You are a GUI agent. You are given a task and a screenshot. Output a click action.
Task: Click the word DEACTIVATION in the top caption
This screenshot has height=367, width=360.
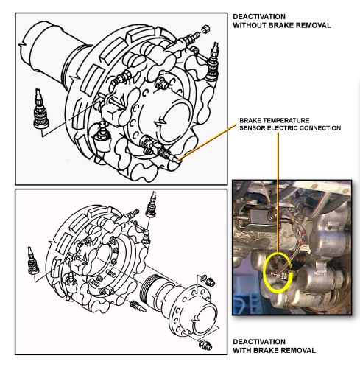[x=259, y=17]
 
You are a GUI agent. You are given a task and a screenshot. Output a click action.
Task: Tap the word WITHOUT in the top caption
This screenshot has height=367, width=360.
[x=249, y=25]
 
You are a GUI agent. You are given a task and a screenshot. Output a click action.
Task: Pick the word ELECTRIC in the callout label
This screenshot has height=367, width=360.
[x=282, y=128]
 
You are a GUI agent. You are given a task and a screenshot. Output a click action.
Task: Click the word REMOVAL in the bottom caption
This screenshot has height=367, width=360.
[x=300, y=350]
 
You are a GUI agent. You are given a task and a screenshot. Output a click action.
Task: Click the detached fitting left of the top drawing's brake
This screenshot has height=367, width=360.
[x=40, y=109]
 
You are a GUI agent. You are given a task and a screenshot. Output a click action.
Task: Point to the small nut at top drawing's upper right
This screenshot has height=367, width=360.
[x=205, y=29]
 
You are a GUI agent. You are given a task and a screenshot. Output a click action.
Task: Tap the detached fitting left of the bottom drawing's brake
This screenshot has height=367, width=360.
[x=32, y=261]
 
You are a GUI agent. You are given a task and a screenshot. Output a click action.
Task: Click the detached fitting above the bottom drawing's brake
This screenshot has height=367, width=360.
[x=152, y=205]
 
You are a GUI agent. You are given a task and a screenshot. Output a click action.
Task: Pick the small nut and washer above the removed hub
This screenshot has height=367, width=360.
[x=208, y=281]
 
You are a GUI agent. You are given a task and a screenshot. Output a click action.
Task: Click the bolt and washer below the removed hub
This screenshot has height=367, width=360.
[x=205, y=344]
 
